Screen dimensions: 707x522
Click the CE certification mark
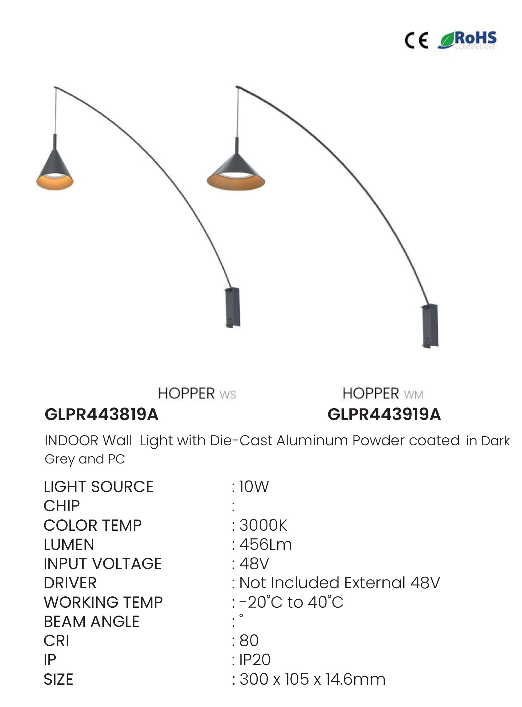pos(416,41)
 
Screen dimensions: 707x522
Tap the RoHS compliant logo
pos(467,41)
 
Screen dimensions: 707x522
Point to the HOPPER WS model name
pos(197,394)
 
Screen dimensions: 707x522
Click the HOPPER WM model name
pos(383,394)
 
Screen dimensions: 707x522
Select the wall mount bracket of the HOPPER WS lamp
pos(233,307)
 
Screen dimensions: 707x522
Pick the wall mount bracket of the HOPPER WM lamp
pos(430,326)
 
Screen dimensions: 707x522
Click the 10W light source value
pos(254,487)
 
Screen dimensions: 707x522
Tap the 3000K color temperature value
pos(263,525)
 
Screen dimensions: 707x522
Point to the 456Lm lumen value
pos(266,545)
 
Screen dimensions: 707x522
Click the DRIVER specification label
pos(70,583)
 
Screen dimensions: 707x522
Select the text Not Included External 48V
pos(339,583)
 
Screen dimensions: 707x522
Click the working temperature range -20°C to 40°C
pos(291,602)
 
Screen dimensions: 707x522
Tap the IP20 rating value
pos(255,660)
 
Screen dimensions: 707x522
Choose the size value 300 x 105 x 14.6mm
pos(312,680)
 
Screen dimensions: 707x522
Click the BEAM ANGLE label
pos(92,622)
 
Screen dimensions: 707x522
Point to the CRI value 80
pos(249,641)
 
